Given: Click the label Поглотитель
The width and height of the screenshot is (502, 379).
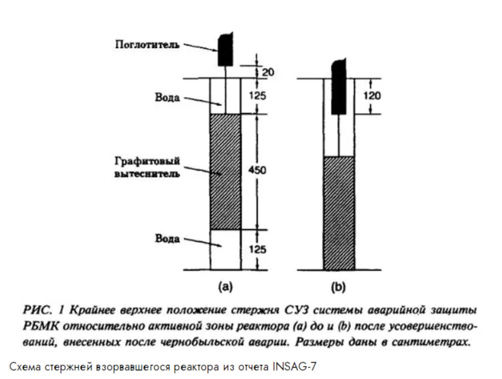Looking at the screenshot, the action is tap(147, 45).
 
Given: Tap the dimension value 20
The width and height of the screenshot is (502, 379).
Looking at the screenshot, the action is tap(268, 72).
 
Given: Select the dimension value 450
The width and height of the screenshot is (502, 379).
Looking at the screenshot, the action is tap(257, 170).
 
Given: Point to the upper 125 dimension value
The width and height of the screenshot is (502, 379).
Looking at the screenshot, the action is tap(258, 95).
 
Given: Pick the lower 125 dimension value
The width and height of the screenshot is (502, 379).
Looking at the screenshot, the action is tap(258, 249).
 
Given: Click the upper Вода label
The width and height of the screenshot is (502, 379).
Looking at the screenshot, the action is tap(167, 97).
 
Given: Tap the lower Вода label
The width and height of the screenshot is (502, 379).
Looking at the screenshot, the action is tap(167, 238).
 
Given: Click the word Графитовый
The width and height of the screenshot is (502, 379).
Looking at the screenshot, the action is tap(147, 161).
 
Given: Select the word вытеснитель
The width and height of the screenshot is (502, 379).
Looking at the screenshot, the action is tap(147, 174).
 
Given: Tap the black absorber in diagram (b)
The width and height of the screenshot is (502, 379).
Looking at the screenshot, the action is tap(339, 87).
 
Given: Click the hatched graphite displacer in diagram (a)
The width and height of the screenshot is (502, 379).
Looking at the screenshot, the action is tap(225, 172).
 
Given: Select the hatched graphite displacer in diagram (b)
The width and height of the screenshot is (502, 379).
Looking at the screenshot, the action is tap(339, 213).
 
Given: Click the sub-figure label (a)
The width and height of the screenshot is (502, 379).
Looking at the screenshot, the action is tap(225, 287).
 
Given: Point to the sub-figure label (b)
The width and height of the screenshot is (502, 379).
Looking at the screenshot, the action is tap(338, 287).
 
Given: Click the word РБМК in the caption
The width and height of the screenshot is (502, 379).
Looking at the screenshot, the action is tap(41, 326).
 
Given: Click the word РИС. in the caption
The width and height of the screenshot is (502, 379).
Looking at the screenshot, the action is tap(38, 310).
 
